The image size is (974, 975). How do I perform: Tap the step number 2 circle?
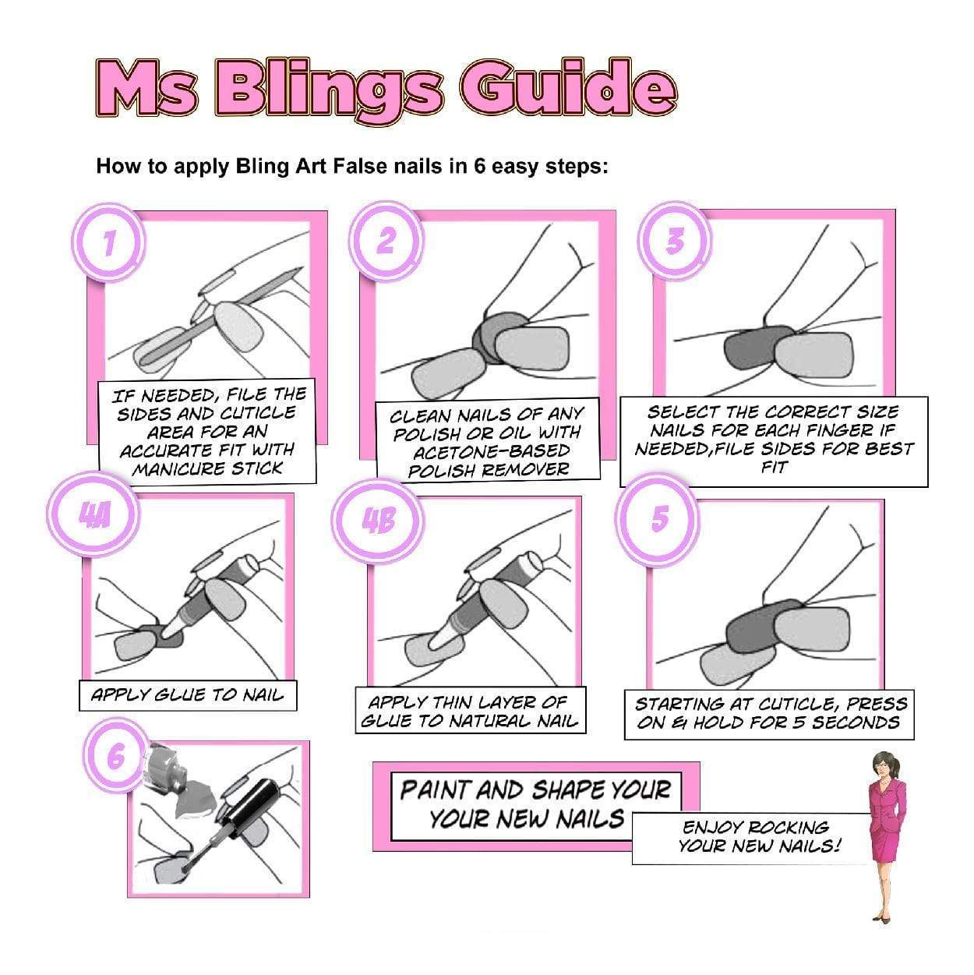[x=386, y=242]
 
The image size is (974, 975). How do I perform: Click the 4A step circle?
[x=95, y=517]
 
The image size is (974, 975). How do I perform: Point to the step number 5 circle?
[x=659, y=518]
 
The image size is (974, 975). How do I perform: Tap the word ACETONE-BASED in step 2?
[x=491, y=451]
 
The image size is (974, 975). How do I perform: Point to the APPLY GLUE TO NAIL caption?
[x=187, y=695]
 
